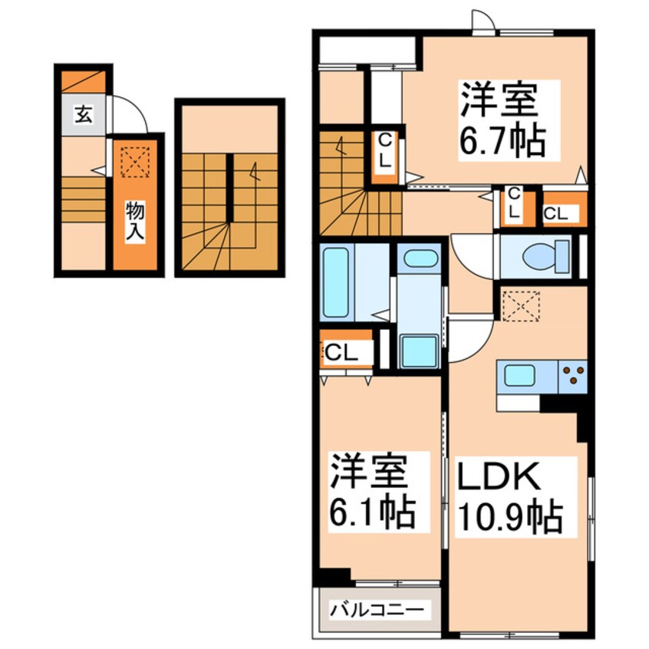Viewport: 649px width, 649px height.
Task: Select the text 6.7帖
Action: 502,141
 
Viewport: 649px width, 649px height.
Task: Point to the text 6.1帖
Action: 374,509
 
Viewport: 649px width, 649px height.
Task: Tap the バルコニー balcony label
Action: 377,611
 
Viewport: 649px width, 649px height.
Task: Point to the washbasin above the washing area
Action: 419,258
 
